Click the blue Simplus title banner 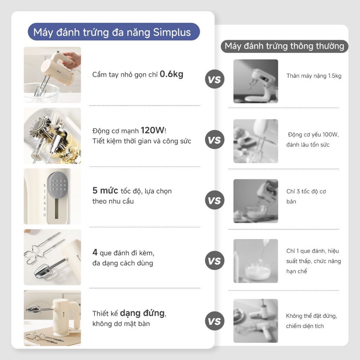click(x=114, y=32)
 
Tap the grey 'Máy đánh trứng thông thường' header click(x=284, y=46)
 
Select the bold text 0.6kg click(x=172, y=74)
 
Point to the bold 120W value click(x=153, y=130)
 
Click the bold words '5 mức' click(x=105, y=191)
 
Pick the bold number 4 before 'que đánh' click(x=95, y=252)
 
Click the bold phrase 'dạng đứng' click(x=142, y=313)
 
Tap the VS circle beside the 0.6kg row click(x=214, y=79)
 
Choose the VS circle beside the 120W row click(x=214, y=140)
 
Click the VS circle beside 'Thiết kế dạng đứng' click(x=214, y=321)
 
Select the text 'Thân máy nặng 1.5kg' click(x=314, y=76)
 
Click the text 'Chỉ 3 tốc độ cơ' click(x=306, y=192)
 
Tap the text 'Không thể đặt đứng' click(x=311, y=316)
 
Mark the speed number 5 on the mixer click(x=45, y=185)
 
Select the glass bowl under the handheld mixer click(x=42, y=93)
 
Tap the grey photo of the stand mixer click(x=256, y=81)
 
